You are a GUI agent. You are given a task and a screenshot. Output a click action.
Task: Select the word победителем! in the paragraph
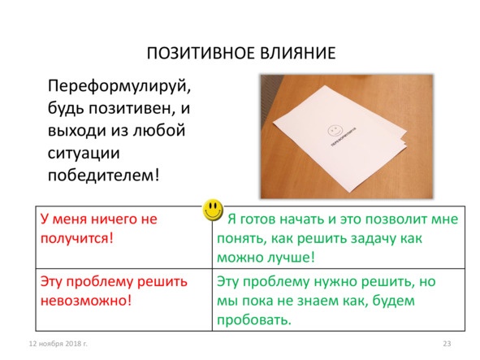pos(103,174)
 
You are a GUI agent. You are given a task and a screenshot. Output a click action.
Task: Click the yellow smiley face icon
pos(213,210)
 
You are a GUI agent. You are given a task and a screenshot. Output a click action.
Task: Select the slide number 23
pos(446,345)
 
